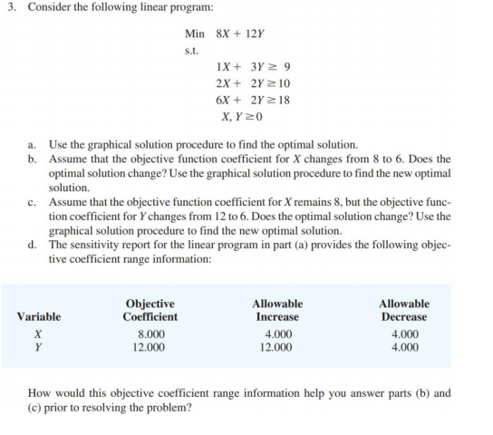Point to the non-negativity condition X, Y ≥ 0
[238, 116]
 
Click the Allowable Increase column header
[276, 310]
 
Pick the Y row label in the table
[38, 346]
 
